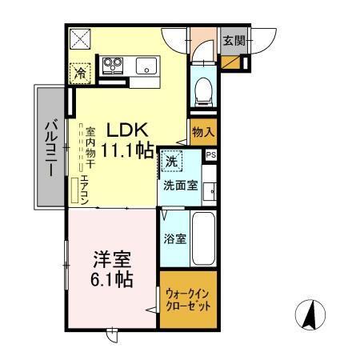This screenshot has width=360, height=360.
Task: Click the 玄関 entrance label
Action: tap(233, 41)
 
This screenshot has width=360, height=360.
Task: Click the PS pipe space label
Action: tap(210, 156)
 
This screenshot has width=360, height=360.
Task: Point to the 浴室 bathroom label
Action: tap(174, 238)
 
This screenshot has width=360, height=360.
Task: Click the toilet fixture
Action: tap(203, 90)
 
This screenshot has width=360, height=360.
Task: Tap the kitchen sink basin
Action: tap(146, 65)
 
